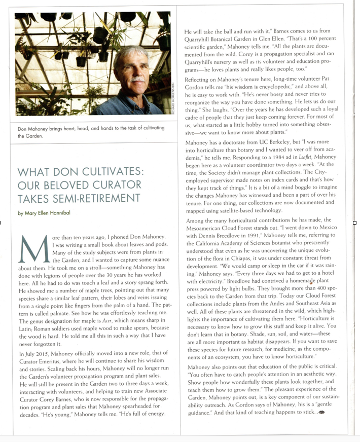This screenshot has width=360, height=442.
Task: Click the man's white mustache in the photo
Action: pos(136,79)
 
